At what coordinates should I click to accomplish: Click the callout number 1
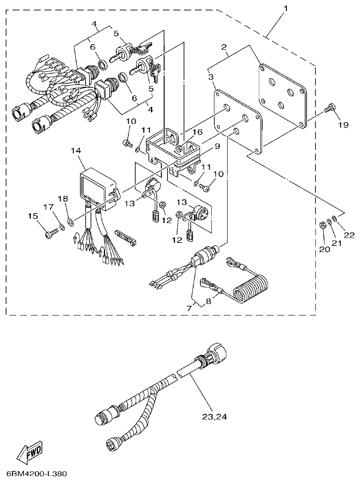[286, 9]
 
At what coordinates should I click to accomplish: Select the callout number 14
[75, 150]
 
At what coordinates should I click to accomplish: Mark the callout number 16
[197, 132]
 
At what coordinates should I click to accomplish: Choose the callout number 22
[349, 235]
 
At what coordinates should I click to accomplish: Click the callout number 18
[63, 198]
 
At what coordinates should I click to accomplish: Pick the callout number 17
[48, 207]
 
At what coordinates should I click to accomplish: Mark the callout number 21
[337, 243]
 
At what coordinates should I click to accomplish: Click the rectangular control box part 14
[98, 188]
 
